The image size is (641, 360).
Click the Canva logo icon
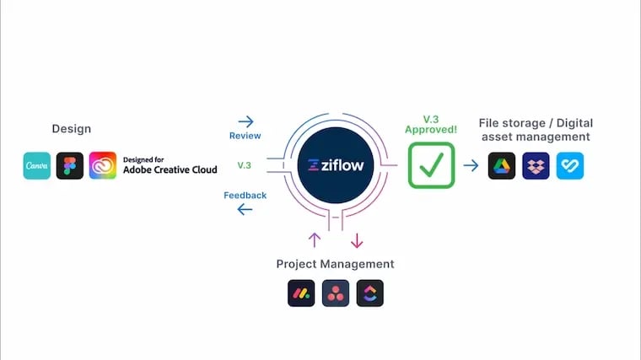tap(37, 165)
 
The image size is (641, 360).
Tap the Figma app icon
tap(70, 165)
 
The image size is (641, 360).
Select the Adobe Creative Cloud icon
tap(102, 165)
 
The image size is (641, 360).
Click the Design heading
tap(72, 129)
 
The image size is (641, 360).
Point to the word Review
tap(245, 136)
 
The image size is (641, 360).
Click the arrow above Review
tap(245, 121)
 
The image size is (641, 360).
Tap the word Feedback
tap(245, 196)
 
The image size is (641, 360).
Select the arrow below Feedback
tap(245, 209)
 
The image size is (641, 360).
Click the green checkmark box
tap(431, 165)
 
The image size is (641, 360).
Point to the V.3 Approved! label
tap(431, 125)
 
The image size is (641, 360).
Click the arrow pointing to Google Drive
tap(471, 165)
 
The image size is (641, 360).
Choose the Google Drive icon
tap(502, 165)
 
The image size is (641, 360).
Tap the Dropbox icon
tap(536, 165)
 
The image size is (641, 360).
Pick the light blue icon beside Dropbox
tap(570, 165)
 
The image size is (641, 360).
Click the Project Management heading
tap(335, 264)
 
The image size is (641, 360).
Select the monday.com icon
tap(301, 293)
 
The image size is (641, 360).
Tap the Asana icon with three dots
tap(336, 293)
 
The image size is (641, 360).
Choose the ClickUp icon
tap(369, 293)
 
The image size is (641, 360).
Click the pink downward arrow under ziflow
tap(357, 240)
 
